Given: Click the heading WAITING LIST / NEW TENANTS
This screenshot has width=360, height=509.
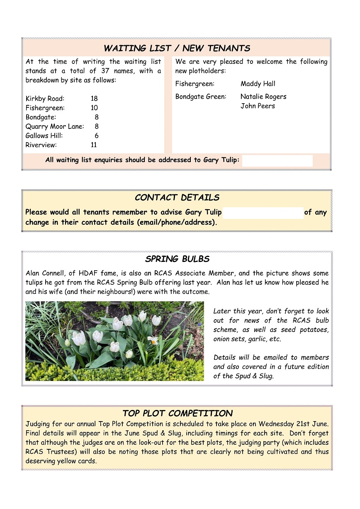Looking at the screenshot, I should click(x=177, y=48).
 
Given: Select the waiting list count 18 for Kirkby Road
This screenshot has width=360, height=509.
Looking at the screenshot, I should click(x=94, y=99).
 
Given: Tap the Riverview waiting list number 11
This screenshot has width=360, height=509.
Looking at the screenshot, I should click(x=94, y=145).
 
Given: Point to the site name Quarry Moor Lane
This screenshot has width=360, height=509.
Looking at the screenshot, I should click(x=55, y=126).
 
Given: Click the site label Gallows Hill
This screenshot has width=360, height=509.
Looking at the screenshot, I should click(x=44, y=136).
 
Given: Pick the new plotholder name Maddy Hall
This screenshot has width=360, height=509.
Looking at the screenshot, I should click(x=258, y=84).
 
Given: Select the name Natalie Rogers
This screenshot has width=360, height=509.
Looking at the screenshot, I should click(x=263, y=97).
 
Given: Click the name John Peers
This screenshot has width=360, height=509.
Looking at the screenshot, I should click(x=258, y=106).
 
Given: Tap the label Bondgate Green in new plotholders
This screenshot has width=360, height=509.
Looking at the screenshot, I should click(x=201, y=97).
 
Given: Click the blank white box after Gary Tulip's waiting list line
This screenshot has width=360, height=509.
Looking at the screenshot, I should click(x=277, y=160).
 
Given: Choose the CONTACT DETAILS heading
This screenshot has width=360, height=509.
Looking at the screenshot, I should click(x=177, y=198).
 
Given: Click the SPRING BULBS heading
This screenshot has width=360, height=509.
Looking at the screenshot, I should click(x=177, y=259).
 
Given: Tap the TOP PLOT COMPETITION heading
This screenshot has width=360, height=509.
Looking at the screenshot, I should click(x=177, y=413).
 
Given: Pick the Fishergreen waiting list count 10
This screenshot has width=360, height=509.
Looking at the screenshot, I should click(x=94, y=108).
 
